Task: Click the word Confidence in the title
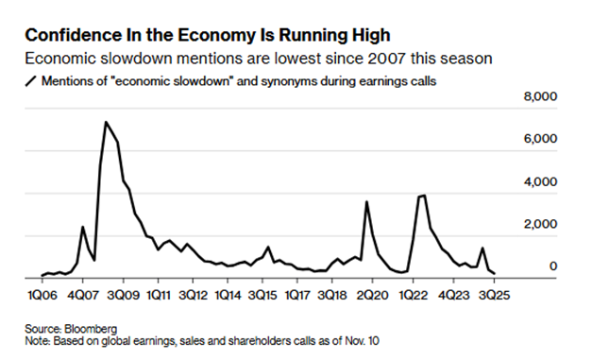74,35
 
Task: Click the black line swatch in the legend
30,81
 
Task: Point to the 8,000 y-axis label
540,96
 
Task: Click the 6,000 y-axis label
540,139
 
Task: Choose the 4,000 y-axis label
540,181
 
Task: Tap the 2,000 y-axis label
540,224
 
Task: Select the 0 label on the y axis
553,266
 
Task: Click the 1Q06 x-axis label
42,295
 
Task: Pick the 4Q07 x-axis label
82,295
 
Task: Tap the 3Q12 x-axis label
193,295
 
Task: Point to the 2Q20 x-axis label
372,295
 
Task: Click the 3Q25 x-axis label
494,295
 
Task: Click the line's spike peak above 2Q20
366,201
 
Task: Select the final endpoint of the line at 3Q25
495,273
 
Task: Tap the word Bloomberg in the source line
91,329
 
